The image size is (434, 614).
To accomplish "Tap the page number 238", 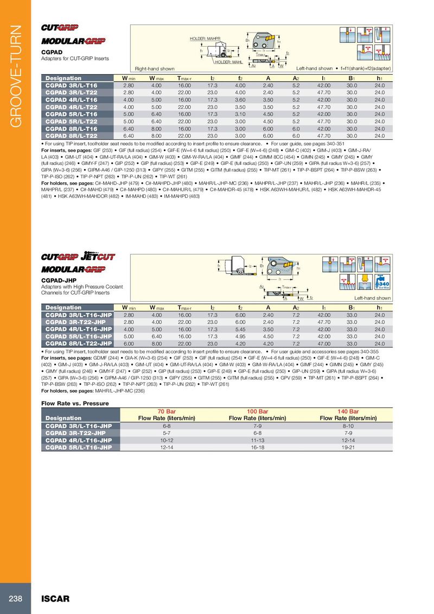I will coord(15,599).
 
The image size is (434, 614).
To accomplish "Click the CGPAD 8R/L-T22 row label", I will coord(72,136).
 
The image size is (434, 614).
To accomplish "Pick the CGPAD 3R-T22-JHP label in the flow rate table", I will coord(75,433).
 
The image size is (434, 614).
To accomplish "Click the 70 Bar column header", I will coord(167,412).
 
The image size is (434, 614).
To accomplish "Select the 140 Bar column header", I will coord(348,412).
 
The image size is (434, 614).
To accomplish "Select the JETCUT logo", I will coord(98,257).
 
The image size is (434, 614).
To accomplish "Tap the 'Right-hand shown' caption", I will coord(155,69).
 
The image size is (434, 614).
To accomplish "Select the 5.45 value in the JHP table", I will coord(240,329).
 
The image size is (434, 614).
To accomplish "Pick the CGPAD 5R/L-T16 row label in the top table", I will coord(72,114).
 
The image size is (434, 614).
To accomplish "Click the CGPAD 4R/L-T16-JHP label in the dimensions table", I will coord(79,329).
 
